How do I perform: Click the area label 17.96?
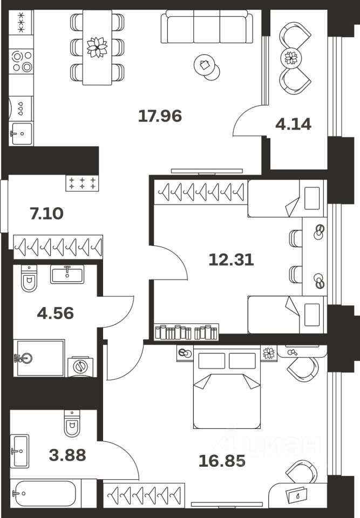tap(160, 115)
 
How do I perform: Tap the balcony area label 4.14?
tap(293, 124)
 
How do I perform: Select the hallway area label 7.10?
tap(46, 213)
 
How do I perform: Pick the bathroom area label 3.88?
tap(66, 455)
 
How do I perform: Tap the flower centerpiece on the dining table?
tap(97, 46)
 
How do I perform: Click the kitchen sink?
tap(21, 133)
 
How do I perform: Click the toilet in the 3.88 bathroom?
tap(72, 424)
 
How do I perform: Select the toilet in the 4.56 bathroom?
tap(29, 278)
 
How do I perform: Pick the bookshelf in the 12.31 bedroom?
tap(186, 331)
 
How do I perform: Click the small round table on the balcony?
tap(291, 57)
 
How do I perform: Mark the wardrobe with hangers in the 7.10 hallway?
tap(58, 247)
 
